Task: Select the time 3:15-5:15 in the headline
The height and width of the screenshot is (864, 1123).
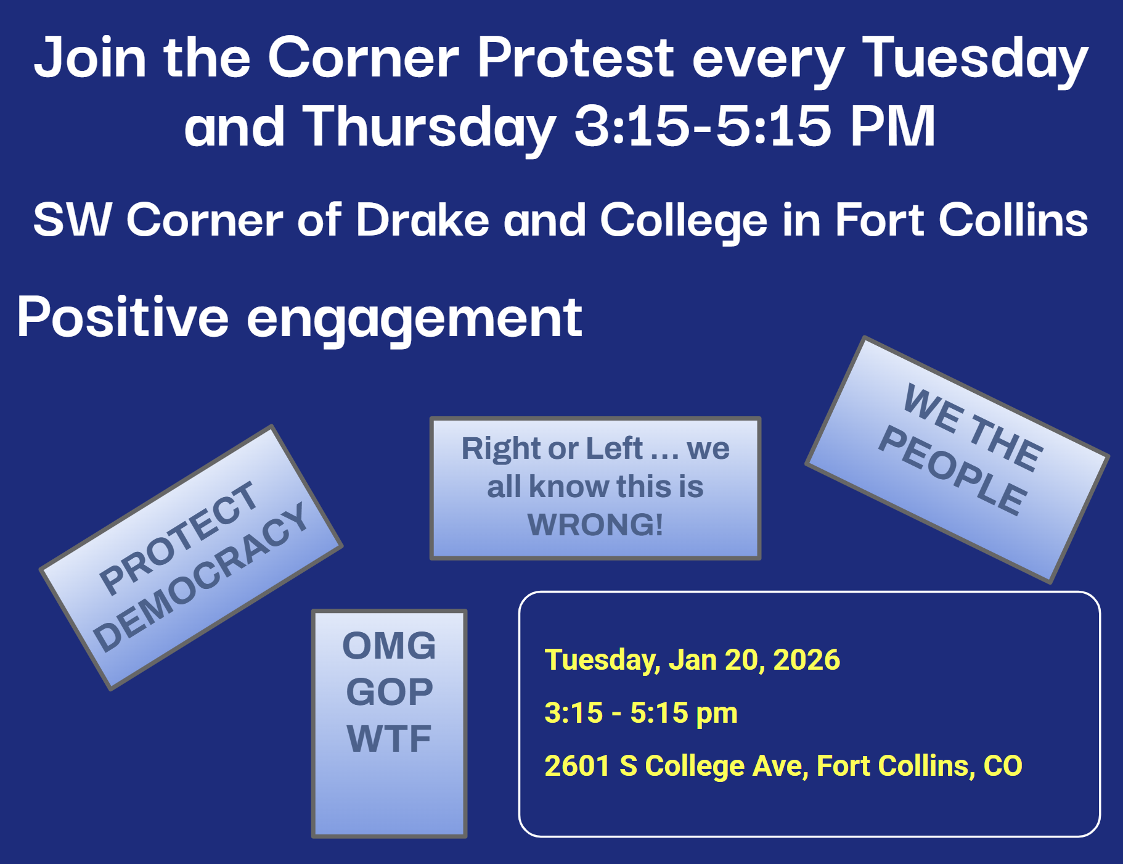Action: [703, 126]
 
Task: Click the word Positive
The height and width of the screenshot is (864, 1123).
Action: [123, 317]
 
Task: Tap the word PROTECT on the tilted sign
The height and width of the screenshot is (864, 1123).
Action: [178, 537]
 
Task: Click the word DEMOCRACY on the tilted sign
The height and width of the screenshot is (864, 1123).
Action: [201, 577]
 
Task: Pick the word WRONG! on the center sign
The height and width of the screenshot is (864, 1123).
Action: [595, 525]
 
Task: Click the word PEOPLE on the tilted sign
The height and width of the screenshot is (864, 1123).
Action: [953, 470]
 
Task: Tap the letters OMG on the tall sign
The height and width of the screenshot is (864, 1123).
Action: [389, 646]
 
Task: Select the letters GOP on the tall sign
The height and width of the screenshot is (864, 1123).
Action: [390, 692]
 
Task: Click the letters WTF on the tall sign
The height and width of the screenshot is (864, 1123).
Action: [389, 738]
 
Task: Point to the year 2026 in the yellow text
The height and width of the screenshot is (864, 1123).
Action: [806, 660]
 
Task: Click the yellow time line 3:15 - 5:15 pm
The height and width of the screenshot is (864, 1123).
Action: [641, 713]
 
